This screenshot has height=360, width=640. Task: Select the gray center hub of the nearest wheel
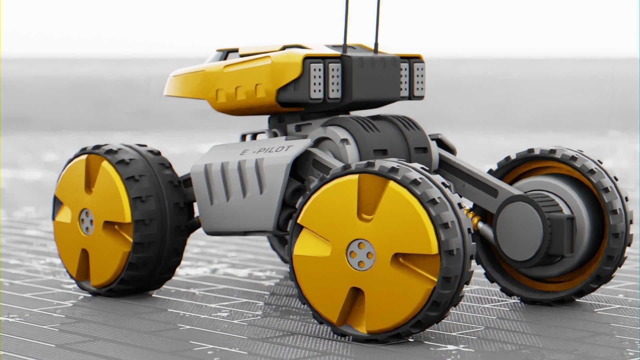point(361,255)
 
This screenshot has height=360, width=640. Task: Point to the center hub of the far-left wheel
point(87,221)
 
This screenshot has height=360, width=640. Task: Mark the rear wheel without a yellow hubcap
point(560,227)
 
